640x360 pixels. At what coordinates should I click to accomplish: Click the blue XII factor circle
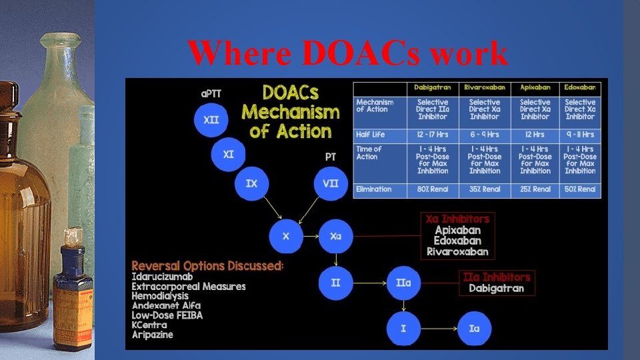(211, 121)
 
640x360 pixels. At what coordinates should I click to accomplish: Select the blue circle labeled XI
(229, 155)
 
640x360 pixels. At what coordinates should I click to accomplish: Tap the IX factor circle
(251, 183)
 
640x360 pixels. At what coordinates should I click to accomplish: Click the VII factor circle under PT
(330, 183)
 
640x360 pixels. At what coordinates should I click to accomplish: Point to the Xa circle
(335, 236)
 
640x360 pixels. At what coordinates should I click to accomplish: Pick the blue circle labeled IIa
(403, 283)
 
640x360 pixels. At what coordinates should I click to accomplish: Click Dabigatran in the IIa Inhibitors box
(496, 289)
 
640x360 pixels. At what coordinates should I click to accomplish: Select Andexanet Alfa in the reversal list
(166, 305)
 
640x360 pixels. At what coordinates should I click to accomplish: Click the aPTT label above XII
(211, 94)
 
